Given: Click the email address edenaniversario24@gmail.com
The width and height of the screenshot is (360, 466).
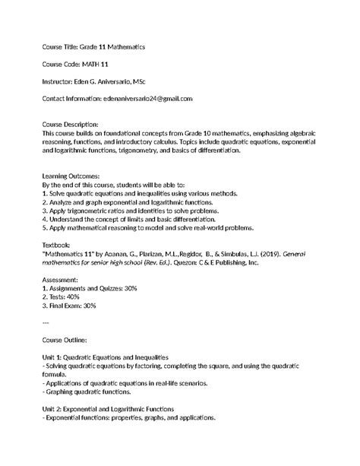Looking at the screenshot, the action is (147, 98).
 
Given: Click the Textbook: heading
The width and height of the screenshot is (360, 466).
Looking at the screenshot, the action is (58, 246).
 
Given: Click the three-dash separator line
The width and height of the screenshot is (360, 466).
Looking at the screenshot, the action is (46, 323).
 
